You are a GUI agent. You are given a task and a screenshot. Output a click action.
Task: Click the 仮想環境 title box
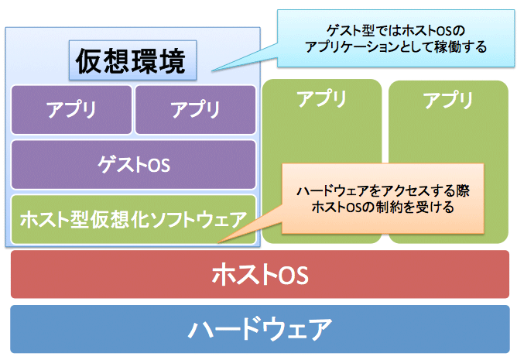(131, 60)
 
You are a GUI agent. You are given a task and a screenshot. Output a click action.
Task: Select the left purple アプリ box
(71, 109)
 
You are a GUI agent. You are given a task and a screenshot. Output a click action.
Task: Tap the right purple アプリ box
(195, 109)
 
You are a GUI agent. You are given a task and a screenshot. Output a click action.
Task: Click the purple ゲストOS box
(133, 164)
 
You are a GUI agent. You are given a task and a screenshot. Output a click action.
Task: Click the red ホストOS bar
(259, 274)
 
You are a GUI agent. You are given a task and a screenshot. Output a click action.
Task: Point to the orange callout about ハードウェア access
(382, 198)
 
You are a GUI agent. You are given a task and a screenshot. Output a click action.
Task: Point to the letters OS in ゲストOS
(159, 165)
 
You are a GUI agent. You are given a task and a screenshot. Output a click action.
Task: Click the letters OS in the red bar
(293, 275)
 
